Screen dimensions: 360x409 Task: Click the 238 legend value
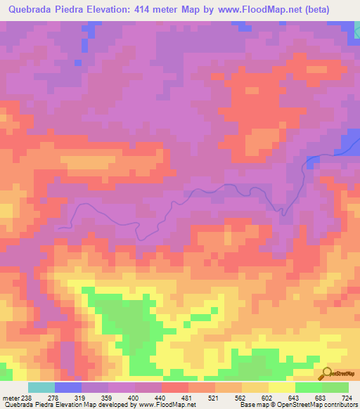22,397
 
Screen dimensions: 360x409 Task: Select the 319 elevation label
81,397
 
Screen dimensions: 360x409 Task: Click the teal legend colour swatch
41,387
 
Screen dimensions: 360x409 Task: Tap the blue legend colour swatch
68,387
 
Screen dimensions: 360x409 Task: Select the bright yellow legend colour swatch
282,387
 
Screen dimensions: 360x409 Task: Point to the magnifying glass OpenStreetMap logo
328,373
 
